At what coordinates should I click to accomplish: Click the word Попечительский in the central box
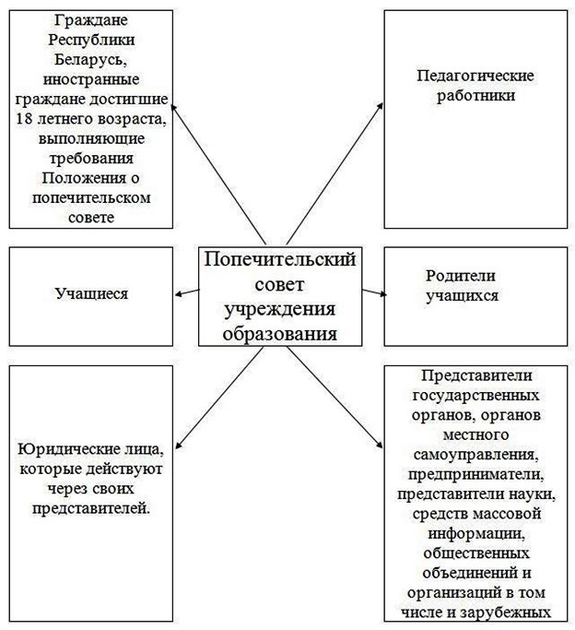(280, 260)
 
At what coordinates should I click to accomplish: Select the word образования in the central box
(280, 334)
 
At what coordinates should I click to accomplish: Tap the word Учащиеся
(91, 294)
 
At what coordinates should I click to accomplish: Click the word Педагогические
(475, 76)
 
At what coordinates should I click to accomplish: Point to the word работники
(475, 96)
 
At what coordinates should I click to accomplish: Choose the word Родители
(460, 276)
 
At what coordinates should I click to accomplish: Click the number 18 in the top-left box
(24, 119)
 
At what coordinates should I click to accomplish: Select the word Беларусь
(91, 60)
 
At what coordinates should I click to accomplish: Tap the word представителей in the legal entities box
(91, 508)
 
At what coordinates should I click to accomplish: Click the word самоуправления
(475, 455)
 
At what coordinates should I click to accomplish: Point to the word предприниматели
(475, 474)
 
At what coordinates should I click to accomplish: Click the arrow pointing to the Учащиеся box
(187, 292)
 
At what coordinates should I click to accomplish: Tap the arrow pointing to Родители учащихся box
(374, 292)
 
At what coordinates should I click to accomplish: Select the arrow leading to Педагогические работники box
(334, 173)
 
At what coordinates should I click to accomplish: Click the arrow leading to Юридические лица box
(219, 398)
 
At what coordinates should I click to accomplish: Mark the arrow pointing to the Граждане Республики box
(218, 173)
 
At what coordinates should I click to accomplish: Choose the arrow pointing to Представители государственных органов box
(335, 398)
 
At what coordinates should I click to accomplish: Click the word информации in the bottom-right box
(476, 534)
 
